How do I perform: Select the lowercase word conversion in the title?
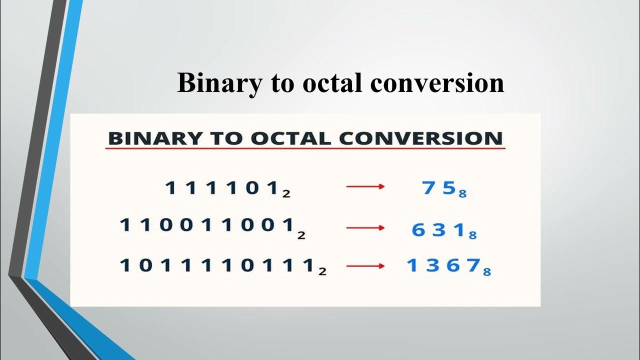pyautogui.click(x=437, y=83)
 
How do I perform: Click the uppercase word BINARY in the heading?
pyautogui.click(x=149, y=138)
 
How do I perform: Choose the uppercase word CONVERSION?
pyautogui.click(x=421, y=138)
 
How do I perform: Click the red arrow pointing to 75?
pyautogui.click(x=365, y=186)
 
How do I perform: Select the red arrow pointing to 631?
pyautogui.click(x=365, y=228)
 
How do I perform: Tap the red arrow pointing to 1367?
pyautogui.click(x=365, y=266)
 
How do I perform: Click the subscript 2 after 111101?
pyautogui.click(x=286, y=193)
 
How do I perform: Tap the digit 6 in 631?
pyautogui.click(x=418, y=230)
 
